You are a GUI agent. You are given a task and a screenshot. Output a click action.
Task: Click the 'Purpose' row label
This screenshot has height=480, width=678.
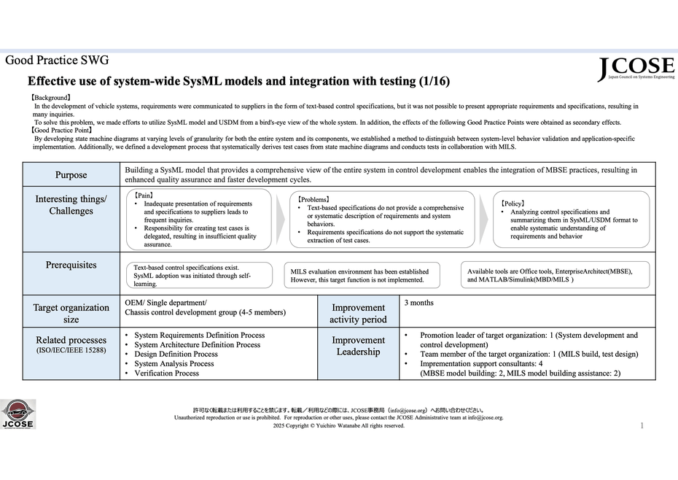[71, 175]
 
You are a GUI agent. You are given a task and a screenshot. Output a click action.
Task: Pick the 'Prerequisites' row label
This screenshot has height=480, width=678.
[71, 265]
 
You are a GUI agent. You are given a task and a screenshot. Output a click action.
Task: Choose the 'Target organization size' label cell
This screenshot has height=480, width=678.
[71, 313]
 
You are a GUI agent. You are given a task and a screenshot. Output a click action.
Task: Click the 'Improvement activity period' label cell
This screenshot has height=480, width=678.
[358, 313]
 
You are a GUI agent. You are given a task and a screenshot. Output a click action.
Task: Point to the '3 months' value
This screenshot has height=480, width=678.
[419, 302]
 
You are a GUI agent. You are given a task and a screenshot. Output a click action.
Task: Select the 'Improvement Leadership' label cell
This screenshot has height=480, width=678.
[358, 346]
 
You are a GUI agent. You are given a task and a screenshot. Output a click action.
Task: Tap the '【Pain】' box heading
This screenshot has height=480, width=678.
[144, 196]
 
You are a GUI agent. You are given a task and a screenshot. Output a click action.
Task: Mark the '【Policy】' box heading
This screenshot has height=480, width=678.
[513, 203]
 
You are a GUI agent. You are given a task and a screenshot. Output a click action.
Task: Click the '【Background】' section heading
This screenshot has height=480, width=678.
[50, 97]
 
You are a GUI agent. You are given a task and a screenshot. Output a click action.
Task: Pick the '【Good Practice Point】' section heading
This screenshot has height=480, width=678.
[61, 130]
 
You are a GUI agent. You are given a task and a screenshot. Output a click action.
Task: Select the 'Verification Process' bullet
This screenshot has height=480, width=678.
[167, 373]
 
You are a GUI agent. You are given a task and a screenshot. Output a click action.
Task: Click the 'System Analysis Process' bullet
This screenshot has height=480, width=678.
[174, 363]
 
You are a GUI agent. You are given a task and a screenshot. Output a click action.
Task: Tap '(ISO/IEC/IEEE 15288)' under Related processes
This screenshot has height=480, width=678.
[71, 350]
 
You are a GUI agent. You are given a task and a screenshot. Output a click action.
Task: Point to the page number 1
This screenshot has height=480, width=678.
[642, 425]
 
